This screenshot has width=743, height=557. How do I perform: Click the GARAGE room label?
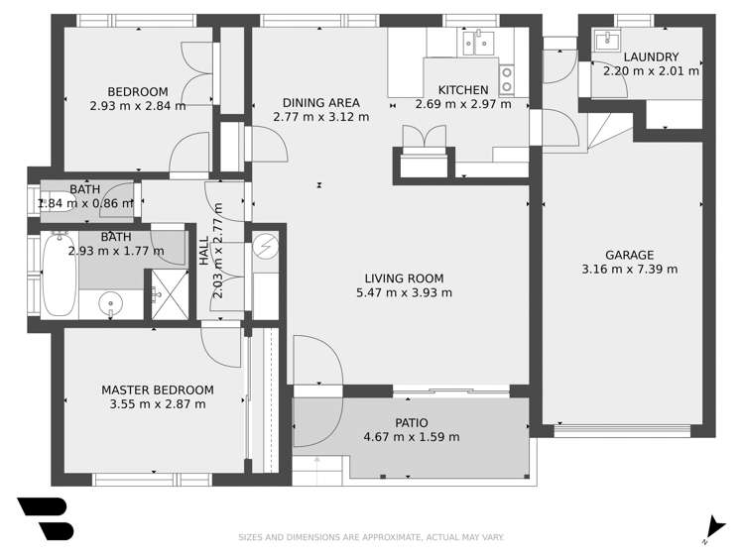coord(630,255)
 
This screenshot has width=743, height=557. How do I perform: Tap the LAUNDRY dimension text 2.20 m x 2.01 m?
coord(651,71)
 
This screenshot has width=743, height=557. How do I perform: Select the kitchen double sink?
coord(478,43)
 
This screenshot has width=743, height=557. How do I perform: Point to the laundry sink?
coord(604,42)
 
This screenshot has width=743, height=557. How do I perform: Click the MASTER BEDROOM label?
coord(158,390)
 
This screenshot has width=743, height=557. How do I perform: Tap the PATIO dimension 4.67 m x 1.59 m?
coord(412,437)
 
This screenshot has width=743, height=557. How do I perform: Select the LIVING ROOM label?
coord(404,278)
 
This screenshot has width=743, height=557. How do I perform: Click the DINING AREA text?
coord(320,102)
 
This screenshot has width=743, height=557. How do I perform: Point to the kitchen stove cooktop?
coord(507,78)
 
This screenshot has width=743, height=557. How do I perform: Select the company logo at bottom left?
coord(46,518)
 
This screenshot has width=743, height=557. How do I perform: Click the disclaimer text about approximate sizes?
coord(371,537)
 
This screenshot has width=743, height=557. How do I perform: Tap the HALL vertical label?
coord(204,252)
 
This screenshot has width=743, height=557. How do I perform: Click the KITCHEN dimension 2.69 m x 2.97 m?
coord(463,104)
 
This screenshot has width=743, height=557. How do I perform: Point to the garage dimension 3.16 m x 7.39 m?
coord(630,269)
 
